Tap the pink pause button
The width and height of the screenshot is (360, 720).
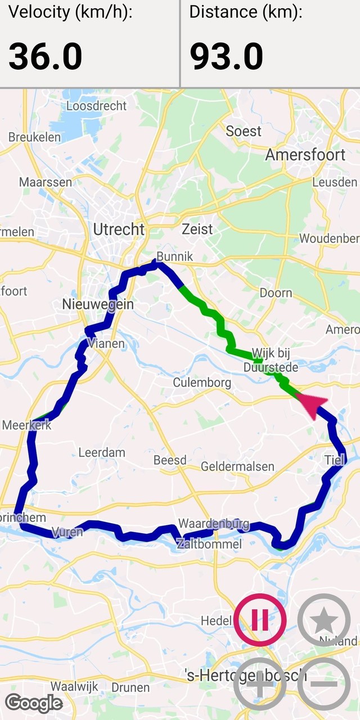(x=260, y=620)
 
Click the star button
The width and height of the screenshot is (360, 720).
(x=323, y=620)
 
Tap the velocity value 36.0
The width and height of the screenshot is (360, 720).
(x=46, y=56)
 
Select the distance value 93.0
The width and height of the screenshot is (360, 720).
(x=226, y=56)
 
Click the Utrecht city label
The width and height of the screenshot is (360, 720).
(x=119, y=229)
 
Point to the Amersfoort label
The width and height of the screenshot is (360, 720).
(x=305, y=155)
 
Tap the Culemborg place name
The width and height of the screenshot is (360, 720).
(x=202, y=383)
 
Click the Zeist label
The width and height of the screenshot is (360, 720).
(x=197, y=229)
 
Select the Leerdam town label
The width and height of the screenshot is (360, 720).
(x=102, y=452)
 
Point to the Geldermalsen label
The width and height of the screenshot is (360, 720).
(x=237, y=466)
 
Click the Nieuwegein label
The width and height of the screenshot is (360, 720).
(x=98, y=304)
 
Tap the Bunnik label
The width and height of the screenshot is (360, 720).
(x=174, y=256)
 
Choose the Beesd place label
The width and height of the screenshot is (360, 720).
(x=170, y=460)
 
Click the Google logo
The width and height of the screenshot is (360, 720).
(x=34, y=703)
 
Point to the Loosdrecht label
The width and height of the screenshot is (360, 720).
(x=97, y=105)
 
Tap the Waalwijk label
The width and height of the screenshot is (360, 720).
(x=75, y=686)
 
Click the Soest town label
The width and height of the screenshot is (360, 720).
(x=244, y=131)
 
